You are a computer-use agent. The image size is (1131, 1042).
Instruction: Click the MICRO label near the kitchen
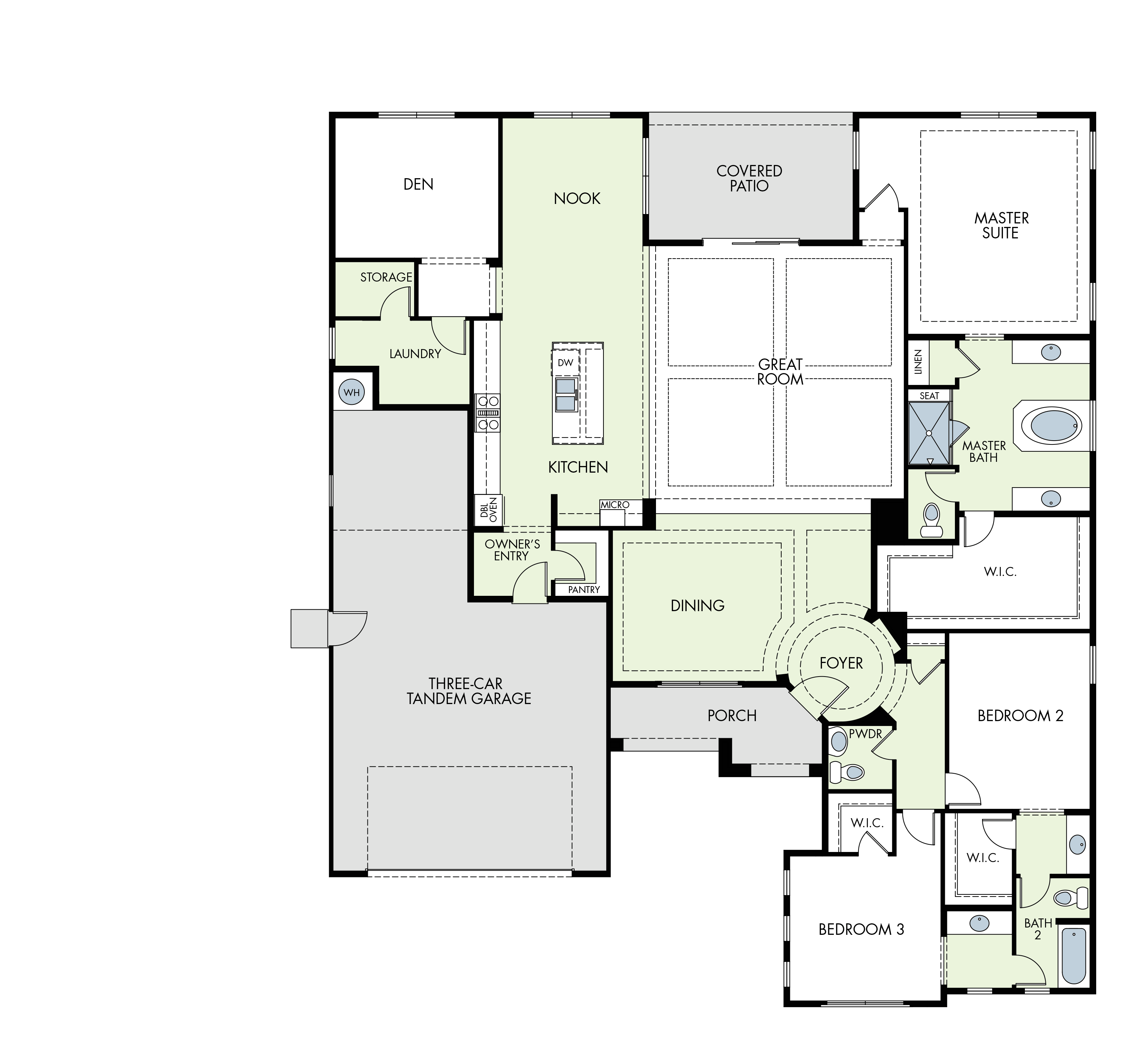(615, 505)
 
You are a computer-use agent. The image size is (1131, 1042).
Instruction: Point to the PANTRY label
(584, 590)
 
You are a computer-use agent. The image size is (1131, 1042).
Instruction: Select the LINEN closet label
(918, 362)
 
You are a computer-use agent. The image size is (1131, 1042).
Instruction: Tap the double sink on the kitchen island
(566, 394)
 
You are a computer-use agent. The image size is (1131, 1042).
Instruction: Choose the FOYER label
(841, 663)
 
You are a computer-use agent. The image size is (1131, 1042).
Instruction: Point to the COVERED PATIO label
(749, 178)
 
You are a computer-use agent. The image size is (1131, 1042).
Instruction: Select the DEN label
(418, 184)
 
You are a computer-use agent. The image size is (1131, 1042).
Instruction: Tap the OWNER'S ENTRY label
(512, 550)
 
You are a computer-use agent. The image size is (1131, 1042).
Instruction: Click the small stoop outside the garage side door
(309, 628)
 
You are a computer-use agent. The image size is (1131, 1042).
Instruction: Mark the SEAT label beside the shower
(929, 396)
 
